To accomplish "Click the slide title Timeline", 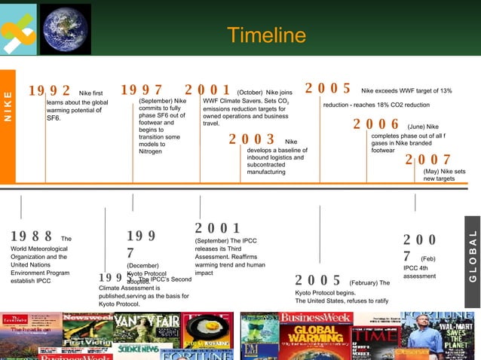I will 266,35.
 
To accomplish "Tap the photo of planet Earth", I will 65,29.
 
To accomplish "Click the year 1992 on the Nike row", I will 50,91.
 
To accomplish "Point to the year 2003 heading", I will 252,139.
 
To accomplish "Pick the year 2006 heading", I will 376,124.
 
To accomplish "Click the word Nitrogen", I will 151,151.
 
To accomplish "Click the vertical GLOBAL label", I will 473,256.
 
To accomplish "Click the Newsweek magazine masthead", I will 87,317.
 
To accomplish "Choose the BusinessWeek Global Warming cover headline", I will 316,333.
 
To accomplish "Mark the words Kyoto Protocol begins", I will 324,292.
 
